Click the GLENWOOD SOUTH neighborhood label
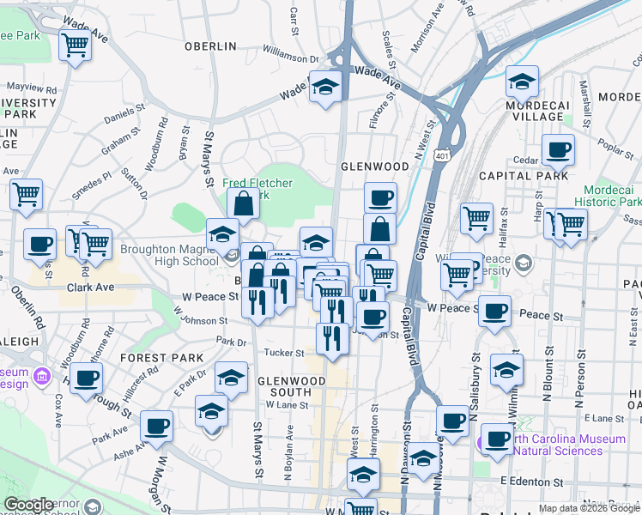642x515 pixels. pos(292,386)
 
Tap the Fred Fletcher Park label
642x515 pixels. pos(257,189)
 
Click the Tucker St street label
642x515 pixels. pos(289,353)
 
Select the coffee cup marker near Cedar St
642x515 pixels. pos(559,150)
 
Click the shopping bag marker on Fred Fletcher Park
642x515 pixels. pos(243,203)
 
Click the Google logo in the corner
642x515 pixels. pos(29,505)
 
